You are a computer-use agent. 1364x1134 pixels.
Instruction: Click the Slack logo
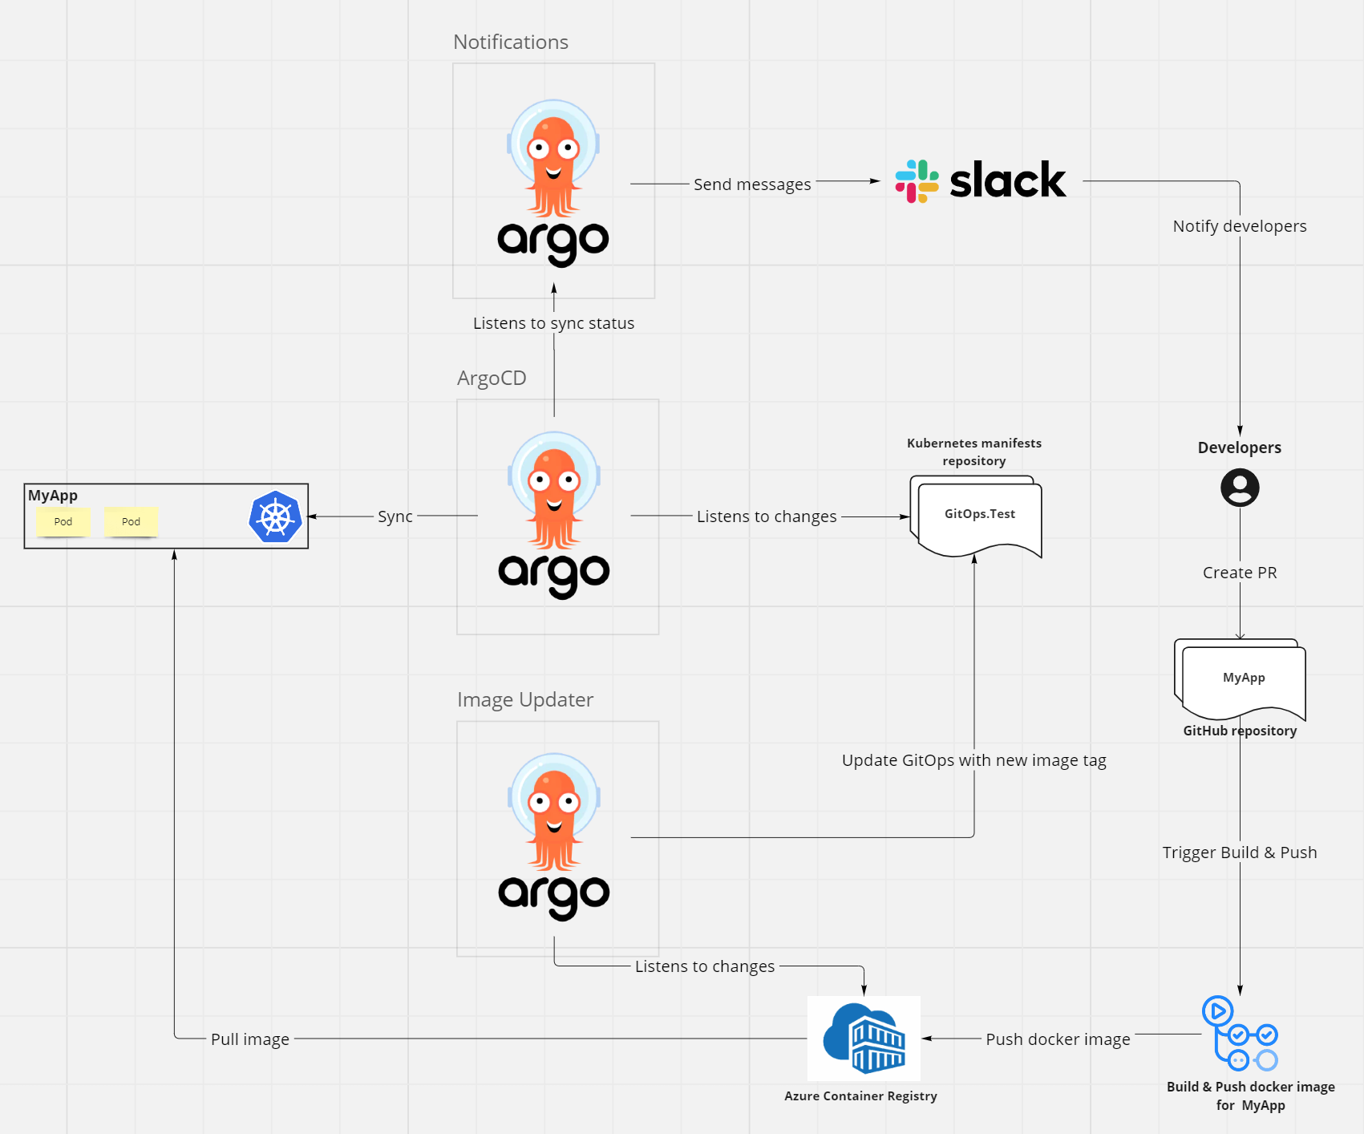click(x=981, y=180)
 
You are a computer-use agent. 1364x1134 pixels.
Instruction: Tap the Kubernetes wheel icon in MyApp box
click(x=275, y=517)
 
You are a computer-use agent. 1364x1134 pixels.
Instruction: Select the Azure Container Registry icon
click(x=864, y=1039)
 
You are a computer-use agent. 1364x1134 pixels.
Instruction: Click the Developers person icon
click(x=1240, y=488)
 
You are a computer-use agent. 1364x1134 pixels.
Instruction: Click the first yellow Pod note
click(x=63, y=522)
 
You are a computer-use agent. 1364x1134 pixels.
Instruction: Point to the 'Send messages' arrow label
click(x=752, y=184)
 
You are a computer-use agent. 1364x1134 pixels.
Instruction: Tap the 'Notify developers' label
click(x=1240, y=226)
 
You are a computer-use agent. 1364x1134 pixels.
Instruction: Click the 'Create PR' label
click(x=1240, y=573)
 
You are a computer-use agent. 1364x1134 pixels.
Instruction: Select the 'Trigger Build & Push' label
click(x=1240, y=853)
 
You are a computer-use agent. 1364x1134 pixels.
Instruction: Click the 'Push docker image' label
click(x=1058, y=1039)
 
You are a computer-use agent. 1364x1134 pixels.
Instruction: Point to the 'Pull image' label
click(x=250, y=1039)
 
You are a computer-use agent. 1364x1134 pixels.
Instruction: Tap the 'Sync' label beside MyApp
click(x=395, y=516)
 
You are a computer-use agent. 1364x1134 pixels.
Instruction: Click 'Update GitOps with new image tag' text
click(x=973, y=760)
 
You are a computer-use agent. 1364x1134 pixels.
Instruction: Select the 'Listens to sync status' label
click(x=553, y=323)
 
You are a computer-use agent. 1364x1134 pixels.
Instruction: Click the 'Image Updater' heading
click(x=525, y=699)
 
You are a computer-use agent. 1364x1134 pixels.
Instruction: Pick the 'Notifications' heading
click(x=511, y=42)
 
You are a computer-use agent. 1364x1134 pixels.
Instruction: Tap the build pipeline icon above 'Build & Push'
click(x=1240, y=1034)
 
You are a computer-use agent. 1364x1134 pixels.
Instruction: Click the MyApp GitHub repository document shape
click(x=1242, y=679)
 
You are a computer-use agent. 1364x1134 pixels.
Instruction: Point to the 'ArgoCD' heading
click(x=492, y=378)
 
